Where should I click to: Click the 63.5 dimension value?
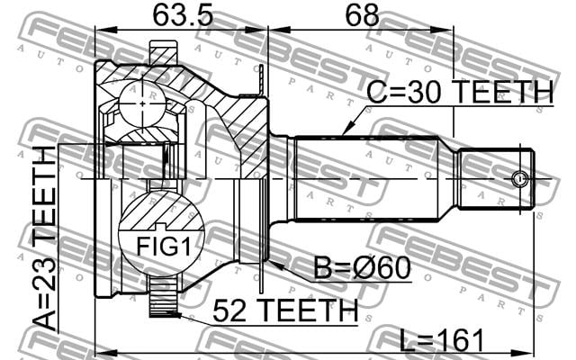tap(183, 15)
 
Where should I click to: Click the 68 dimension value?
tap(362, 15)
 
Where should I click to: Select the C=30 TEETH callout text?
tap(460, 92)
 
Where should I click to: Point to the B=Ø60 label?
tap(362, 268)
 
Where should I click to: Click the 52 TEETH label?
tap(285, 310)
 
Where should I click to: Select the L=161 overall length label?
tap(442, 340)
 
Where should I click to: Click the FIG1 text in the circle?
tap(164, 247)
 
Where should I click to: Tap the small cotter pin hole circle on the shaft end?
tap(519, 179)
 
